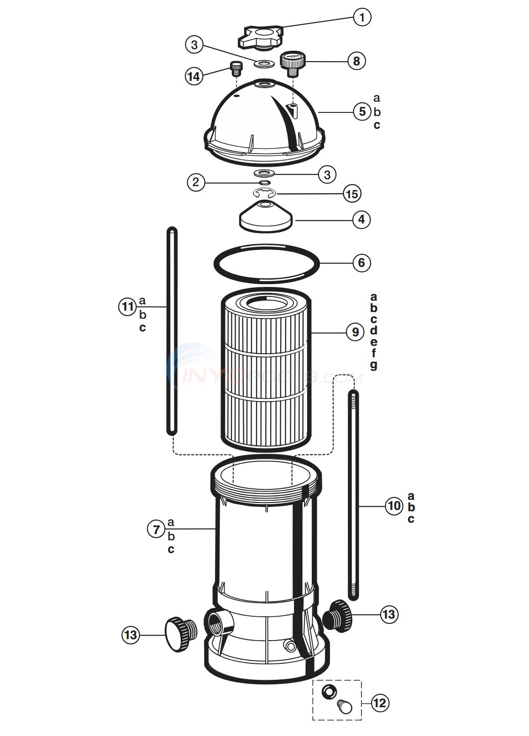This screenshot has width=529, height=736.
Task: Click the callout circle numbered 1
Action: point(362,18)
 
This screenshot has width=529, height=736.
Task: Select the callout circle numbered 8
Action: point(356,61)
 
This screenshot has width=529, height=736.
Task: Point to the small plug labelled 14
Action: point(236,69)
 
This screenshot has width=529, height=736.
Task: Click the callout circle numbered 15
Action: point(351,194)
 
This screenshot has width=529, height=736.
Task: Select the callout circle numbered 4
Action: point(361,219)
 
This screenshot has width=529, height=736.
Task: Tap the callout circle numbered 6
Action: point(361,263)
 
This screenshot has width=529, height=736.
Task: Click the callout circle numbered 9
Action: point(355,332)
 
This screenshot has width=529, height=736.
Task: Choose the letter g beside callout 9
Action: point(374,365)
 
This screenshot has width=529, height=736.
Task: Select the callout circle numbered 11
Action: point(128,306)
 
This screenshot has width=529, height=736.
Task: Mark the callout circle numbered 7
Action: point(157,529)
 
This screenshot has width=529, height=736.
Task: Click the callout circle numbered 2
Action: point(196,182)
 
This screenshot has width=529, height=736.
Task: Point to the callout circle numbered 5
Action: point(362,111)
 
